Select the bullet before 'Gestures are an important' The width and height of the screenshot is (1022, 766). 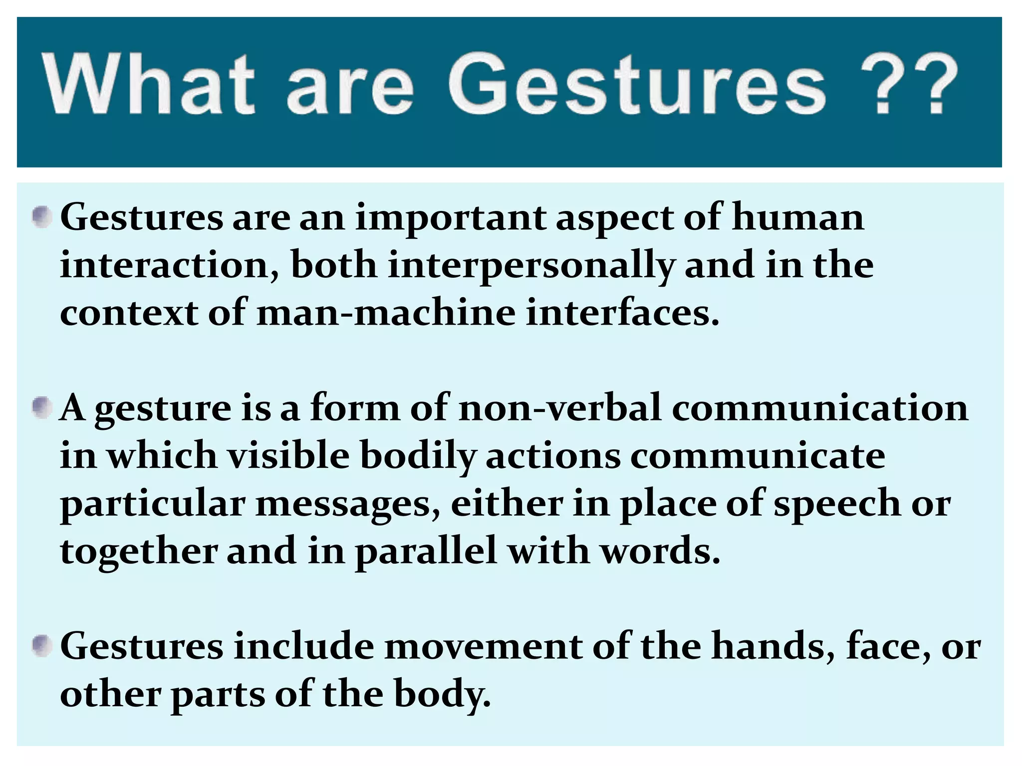tap(42, 218)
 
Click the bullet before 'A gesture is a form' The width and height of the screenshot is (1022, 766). tap(42, 408)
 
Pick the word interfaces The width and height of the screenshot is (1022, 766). tap(622, 313)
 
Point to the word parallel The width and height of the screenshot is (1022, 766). tap(426, 552)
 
